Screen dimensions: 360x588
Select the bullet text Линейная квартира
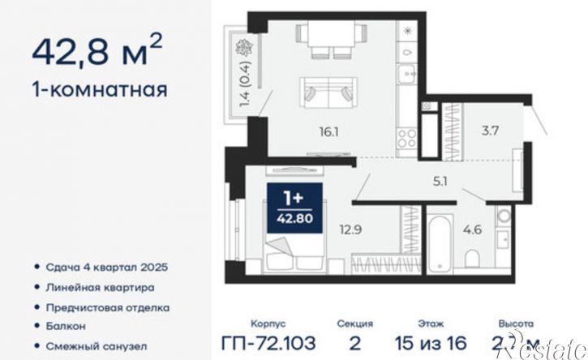tap(101, 287)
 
